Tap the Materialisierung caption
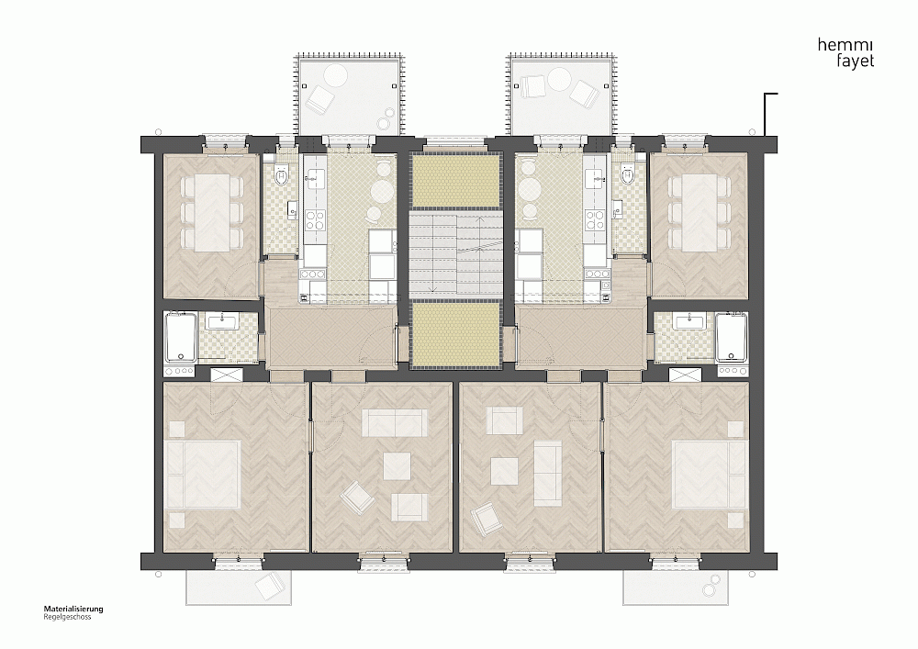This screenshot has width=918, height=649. click(x=73, y=609)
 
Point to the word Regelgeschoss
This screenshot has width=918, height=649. click(x=67, y=617)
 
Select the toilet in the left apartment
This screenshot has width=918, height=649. click(x=282, y=175)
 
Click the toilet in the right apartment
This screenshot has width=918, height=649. click(x=629, y=175)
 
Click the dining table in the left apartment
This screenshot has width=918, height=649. click(x=212, y=214)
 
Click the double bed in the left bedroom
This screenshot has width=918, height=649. click(x=204, y=474)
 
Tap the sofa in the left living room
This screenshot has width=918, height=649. click(x=395, y=422)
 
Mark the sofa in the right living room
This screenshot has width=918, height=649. click(x=547, y=474)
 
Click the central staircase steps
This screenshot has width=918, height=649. click(x=455, y=253)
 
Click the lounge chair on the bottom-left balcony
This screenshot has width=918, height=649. click(x=269, y=586)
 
